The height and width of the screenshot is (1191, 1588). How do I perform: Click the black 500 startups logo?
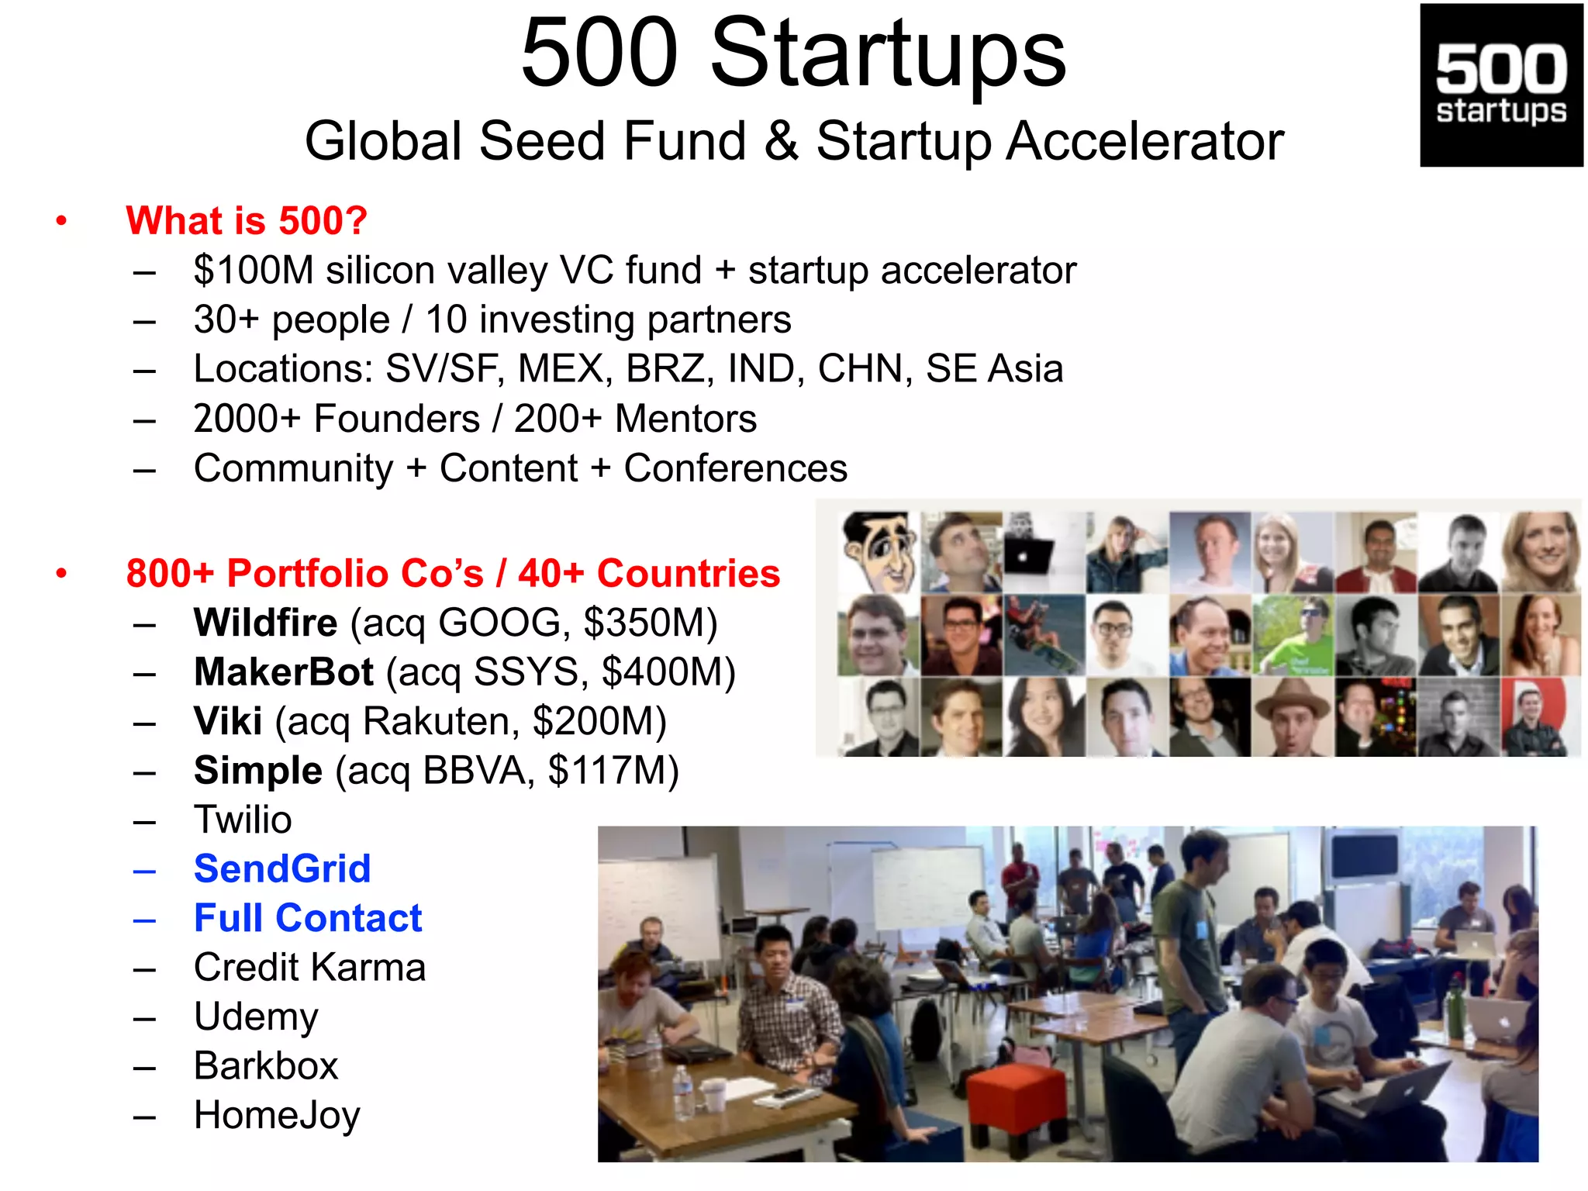coord(1500,85)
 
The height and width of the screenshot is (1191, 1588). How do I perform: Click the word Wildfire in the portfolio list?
coord(265,623)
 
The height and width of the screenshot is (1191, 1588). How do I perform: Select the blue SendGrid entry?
coord(282,868)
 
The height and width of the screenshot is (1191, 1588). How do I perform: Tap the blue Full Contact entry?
coord(308,918)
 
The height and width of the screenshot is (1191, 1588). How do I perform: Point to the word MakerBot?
coord(284,671)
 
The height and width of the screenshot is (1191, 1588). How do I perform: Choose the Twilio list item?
coord(243,820)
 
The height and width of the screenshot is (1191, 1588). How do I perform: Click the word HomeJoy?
coord(277,1115)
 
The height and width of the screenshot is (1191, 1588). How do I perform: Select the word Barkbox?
coord(266,1065)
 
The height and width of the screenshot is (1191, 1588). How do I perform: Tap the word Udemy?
coord(256,1017)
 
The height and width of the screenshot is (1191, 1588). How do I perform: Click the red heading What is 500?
coord(246,221)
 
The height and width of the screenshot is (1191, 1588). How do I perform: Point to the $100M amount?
coord(253,271)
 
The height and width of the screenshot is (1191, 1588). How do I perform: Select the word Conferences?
coord(735,468)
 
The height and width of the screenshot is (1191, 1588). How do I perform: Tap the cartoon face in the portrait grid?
coord(880,551)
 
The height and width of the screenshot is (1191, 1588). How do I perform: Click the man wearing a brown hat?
coord(1291,715)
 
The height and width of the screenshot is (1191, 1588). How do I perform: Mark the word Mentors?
coord(685,419)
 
